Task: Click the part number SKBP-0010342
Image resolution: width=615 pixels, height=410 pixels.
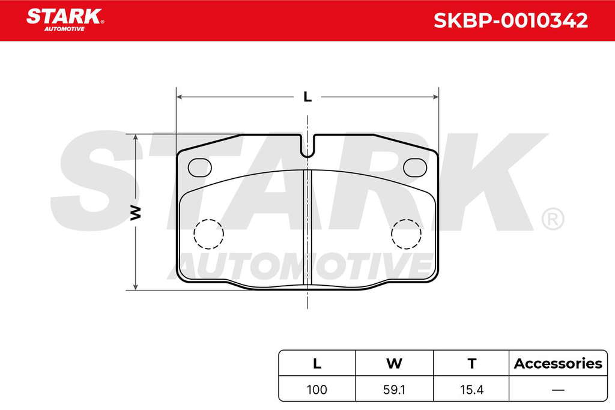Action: (510, 20)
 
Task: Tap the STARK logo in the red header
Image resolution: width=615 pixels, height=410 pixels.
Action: (65, 20)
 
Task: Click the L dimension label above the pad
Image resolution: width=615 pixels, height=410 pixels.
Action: (307, 97)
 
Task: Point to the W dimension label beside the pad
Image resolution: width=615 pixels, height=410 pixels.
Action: (135, 212)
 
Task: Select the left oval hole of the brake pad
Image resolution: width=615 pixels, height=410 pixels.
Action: (199, 167)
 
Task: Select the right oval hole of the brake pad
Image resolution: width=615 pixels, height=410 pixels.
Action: (415, 167)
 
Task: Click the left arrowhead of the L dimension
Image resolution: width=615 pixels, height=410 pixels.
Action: (179, 97)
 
